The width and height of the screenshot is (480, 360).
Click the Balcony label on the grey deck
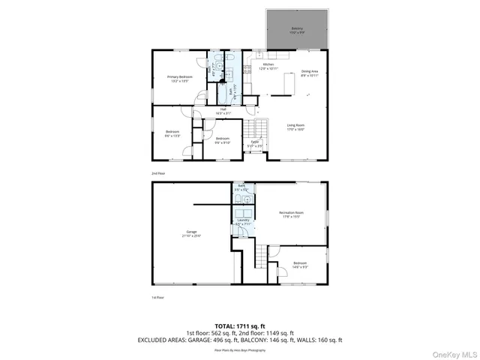tap(298, 31)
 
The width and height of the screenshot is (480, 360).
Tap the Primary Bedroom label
tap(180, 78)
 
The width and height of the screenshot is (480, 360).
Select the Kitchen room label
tap(268, 66)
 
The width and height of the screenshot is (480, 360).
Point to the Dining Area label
tap(310, 72)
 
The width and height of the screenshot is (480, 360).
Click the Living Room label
tap(295, 127)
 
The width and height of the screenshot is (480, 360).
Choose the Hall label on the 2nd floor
tap(222, 112)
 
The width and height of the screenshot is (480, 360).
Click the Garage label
tap(191, 233)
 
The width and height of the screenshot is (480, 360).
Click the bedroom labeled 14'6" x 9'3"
tap(300, 264)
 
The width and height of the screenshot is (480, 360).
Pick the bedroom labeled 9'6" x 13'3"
tap(172, 133)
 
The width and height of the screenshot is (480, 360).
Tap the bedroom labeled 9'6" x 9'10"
tap(223, 140)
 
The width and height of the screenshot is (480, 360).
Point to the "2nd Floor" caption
tap(157, 173)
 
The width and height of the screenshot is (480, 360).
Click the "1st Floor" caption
tap(157, 297)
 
